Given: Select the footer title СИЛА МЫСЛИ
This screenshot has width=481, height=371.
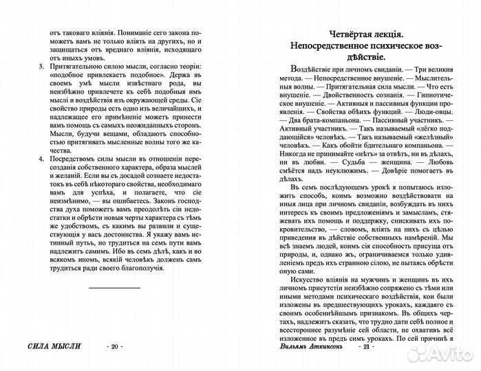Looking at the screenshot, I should coord(48,346).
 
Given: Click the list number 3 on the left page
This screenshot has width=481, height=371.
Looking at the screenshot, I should coord(41,67).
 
